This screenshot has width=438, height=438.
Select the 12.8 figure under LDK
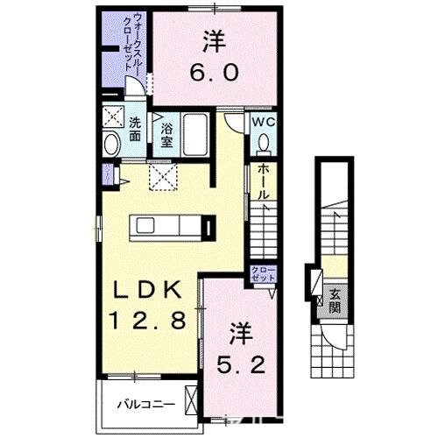[148, 321]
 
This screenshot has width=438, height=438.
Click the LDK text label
[147, 289]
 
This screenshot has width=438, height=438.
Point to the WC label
[265, 123]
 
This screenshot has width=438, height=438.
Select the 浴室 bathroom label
[166, 133]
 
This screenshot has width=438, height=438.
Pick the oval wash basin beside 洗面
[113, 144]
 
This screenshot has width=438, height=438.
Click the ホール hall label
[262, 180]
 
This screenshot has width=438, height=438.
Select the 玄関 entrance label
[335, 302]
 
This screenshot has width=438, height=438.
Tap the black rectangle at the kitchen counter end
[208, 227]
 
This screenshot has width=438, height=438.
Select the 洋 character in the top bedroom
[214, 39]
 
